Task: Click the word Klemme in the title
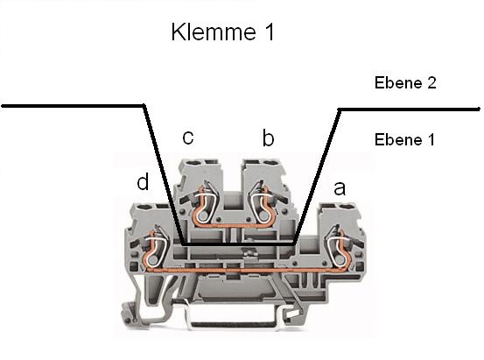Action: point(214,32)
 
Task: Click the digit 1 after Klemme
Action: point(270,32)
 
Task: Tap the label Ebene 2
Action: point(405,83)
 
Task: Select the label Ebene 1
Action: point(404,139)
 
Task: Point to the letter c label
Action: point(188,138)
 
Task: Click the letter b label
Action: point(268,138)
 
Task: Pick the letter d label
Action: point(143,181)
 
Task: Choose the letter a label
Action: point(340,188)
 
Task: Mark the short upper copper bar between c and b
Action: point(232,225)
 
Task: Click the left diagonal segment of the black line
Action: point(164,175)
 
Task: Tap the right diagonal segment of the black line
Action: point(317,176)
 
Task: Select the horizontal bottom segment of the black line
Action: point(239,244)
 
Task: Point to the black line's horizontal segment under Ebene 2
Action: point(410,109)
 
